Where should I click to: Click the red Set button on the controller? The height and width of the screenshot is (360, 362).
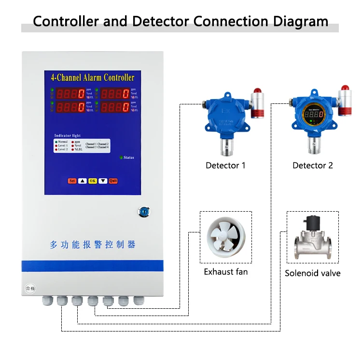pos(72,181)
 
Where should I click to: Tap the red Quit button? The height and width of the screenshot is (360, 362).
pos(113,181)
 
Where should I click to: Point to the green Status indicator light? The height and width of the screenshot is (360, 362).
pos(121,158)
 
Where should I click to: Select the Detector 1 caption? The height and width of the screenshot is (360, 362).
pos(225,165)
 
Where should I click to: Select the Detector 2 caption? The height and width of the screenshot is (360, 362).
pos(312,165)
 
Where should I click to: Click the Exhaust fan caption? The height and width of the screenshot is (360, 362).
pos(225,272)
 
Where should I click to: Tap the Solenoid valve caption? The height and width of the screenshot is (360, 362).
pos(312,273)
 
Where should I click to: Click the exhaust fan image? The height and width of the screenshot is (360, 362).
pos(225,237)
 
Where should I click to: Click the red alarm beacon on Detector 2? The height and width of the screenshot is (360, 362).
pos(345,89)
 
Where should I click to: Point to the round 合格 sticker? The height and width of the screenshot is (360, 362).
pos(30,288)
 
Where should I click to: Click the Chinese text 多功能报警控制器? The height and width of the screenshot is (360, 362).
pos(93,245)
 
